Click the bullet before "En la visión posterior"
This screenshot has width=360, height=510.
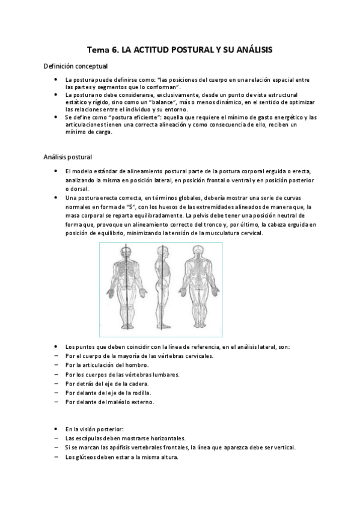click(x=55, y=429)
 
